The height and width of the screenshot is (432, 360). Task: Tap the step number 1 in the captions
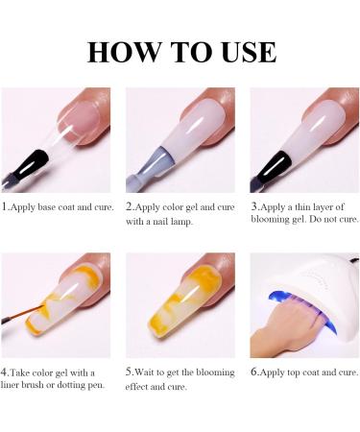(x=5, y=206)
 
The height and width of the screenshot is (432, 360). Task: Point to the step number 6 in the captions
(x=253, y=372)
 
